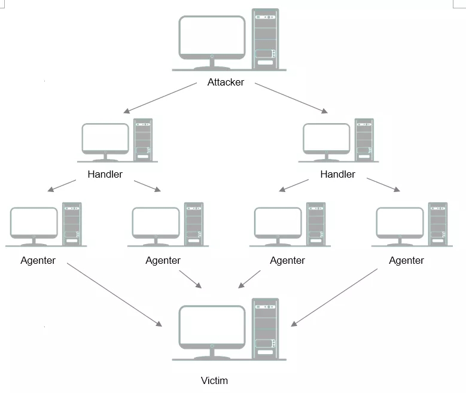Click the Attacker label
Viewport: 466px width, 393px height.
[x=226, y=83]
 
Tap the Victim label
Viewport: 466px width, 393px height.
[x=214, y=380]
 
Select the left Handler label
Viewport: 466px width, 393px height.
[x=105, y=175]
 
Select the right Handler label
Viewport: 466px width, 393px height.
[x=337, y=175]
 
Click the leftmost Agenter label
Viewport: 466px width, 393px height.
[x=38, y=260]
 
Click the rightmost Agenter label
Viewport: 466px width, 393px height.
[x=406, y=260]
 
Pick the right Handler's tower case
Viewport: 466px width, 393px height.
[x=364, y=139]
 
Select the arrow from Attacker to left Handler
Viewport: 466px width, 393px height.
[x=160, y=98]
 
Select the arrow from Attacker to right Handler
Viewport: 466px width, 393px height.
[x=291, y=98]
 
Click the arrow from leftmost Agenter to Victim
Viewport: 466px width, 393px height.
[x=114, y=294]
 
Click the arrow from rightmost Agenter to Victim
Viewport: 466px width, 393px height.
[x=334, y=297]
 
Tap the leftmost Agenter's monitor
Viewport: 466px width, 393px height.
[x=34, y=223]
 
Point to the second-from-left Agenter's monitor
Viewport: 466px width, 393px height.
[x=156, y=223]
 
